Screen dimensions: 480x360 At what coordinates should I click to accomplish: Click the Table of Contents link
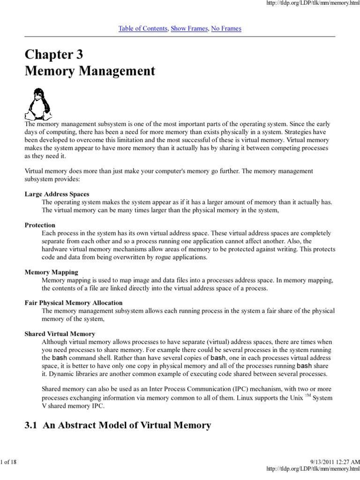pyautogui.click(x=143, y=29)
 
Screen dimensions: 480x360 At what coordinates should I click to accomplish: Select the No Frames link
pyautogui.click(x=226, y=29)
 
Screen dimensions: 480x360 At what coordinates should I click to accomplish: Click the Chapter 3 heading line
pyautogui.click(x=54, y=55)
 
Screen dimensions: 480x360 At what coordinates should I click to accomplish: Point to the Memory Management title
pyautogui.click(x=90, y=72)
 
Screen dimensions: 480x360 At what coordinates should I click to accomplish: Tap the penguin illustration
pyautogui.click(x=36, y=104)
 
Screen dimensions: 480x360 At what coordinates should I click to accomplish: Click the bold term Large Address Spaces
pyautogui.click(x=57, y=194)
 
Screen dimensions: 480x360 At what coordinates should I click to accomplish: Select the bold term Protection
pyautogui.click(x=40, y=225)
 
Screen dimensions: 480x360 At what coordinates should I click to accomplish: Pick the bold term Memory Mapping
pyautogui.click(x=51, y=272)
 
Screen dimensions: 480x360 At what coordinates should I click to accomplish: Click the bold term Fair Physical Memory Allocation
pyautogui.click(x=74, y=303)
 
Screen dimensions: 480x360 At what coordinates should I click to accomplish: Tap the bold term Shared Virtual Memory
pyautogui.click(x=60, y=334)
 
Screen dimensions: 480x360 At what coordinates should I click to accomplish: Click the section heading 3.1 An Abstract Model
pyautogui.click(x=118, y=425)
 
